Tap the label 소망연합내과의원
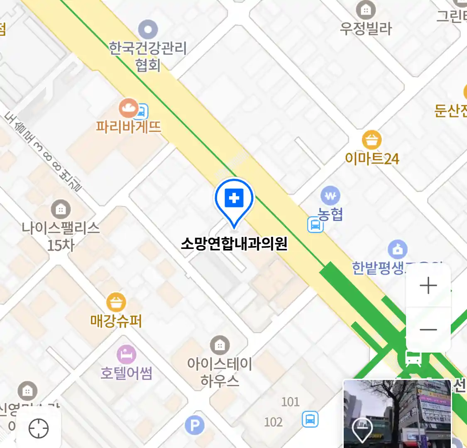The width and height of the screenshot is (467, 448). coord(234,243)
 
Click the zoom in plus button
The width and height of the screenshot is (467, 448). coord(428,286)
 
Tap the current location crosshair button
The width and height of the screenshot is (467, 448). coord(39,428)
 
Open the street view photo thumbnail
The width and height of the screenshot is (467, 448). coord(397,413)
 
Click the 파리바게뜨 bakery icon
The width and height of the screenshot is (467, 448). coord(129,108)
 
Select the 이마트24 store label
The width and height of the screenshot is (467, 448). coord(372,159)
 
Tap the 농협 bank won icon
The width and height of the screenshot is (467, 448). coord(330,196)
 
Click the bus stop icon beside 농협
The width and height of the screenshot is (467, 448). coord(315,225)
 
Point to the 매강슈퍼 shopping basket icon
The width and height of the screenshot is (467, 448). coord(116,302)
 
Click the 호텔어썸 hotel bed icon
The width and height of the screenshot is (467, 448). coord(126,355)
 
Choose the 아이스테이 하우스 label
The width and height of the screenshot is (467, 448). coord(220,372)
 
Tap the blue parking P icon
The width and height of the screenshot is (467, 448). coord(194,425)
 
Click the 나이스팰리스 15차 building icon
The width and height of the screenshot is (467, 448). coord(61,209)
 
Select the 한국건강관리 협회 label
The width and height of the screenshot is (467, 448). coord(148,56)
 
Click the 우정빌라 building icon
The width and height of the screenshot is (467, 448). coord(366,10)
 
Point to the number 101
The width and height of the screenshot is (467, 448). coord(290,402)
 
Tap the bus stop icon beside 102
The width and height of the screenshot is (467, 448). coord(310,419)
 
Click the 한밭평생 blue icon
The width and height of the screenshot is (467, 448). coord(397,249)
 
